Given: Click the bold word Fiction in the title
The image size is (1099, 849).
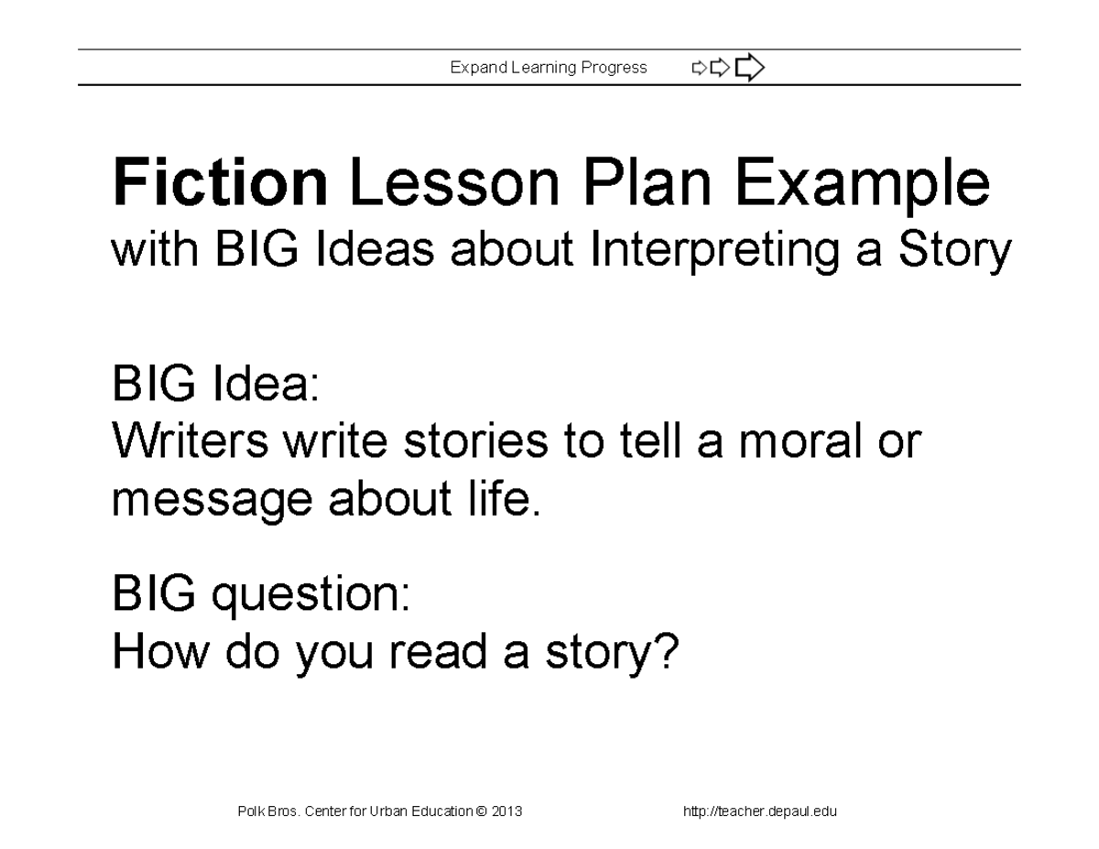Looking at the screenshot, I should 220,183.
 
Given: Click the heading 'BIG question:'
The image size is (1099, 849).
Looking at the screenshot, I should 261,596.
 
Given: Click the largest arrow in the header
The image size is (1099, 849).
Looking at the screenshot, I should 749,67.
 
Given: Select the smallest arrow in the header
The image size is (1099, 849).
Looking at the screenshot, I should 699,67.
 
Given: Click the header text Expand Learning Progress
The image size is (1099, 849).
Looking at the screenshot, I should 549,68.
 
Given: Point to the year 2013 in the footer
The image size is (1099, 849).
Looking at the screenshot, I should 506,811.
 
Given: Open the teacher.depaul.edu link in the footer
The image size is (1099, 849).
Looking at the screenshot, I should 760,811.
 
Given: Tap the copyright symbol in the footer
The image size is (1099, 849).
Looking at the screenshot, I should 482,811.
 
